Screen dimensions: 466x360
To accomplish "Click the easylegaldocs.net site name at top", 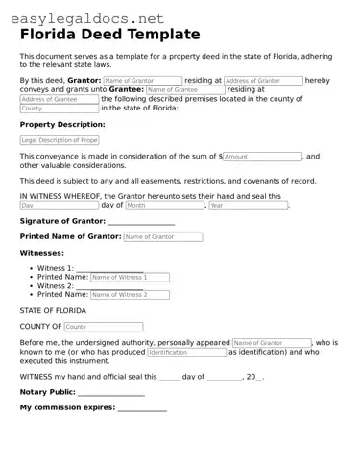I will pyautogui.click(x=84, y=17).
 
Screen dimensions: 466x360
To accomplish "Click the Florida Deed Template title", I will pyautogui.click(x=110, y=35).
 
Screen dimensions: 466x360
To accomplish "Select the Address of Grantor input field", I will pyautogui.click(x=262, y=81).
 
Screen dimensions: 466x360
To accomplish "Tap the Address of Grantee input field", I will pyautogui.click(x=59, y=99).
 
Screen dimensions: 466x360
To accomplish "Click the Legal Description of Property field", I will pyautogui.click(x=59, y=140).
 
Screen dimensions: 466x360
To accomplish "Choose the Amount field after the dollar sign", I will pyautogui.click(x=263, y=156).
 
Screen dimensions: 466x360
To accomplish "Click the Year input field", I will pyautogui.click(x=248, y=205).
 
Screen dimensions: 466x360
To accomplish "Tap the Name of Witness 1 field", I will pyautogui.click(x=130, y=277).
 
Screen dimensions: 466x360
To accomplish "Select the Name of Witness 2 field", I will pyautogui.click(x=130, y=295).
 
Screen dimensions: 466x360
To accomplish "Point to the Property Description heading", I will pyautogui.click(x=62, y=125).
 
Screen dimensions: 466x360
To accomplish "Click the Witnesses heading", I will pyautogui.click(x=42, y=253).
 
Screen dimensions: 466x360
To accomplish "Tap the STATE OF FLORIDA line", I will pyautogui.click(x=53, y=311).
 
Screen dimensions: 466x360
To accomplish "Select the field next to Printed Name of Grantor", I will pyautogui.click(x=162, y=236).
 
